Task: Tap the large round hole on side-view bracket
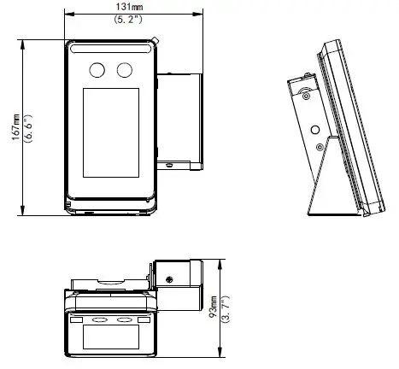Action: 315,131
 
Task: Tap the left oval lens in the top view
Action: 100,319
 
